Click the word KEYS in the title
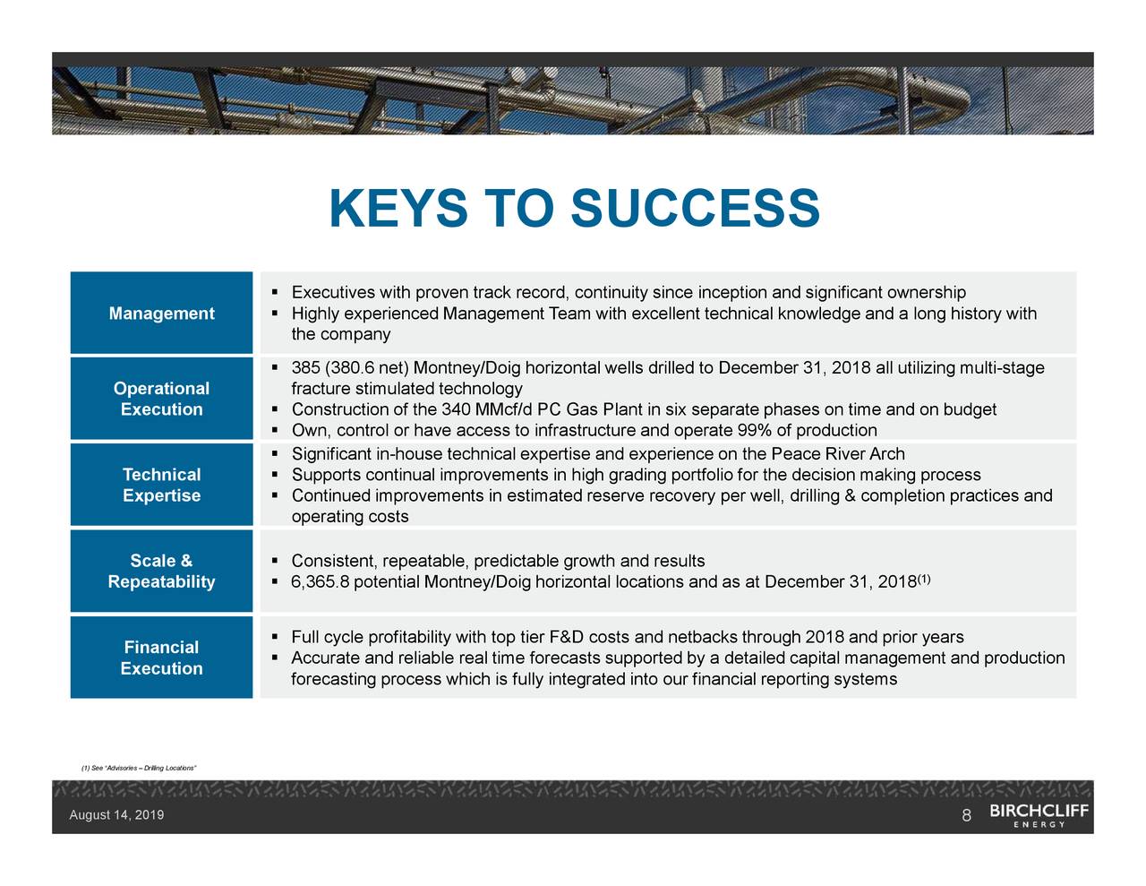(x=398, y=209)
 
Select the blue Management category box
(x=161, y=314)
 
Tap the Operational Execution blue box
(x=161, y=399)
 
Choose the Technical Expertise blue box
(x=161, y=485)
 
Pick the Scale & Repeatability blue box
(x=161, y=572)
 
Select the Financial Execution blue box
(x=161, y=658)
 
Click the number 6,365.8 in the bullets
(x=322, y=583)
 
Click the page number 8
(x=966, y=816)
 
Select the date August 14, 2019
(x=116, y=815)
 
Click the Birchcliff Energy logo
(x=1039, y=815)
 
